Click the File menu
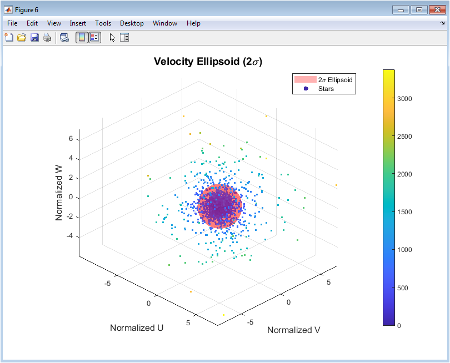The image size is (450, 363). click(12, 23)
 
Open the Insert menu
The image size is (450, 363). click(78, 23)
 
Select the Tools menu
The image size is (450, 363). click(103, 23)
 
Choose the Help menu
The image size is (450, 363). click(193, 23)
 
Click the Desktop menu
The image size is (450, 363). click(132, 23)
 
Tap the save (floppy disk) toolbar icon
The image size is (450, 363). click(34, 37)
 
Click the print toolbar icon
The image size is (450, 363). click(47, 37)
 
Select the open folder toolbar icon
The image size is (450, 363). click(22, 37)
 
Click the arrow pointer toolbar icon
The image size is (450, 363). click(112, 38)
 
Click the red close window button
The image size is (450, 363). click(437, 10)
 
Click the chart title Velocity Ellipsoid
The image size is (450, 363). click(208, 62)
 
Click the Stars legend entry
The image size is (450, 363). click(326, 89)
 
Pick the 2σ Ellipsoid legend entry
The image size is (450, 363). click(335, 80)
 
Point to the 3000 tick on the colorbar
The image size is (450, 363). click(404, 99)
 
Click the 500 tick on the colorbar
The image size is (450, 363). click(402, 288)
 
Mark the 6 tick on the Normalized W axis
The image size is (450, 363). click(71, 139)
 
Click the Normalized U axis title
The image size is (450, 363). click(137, 327)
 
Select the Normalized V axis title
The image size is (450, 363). click(293, 330)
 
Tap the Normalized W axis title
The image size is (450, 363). click(59, 193)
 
